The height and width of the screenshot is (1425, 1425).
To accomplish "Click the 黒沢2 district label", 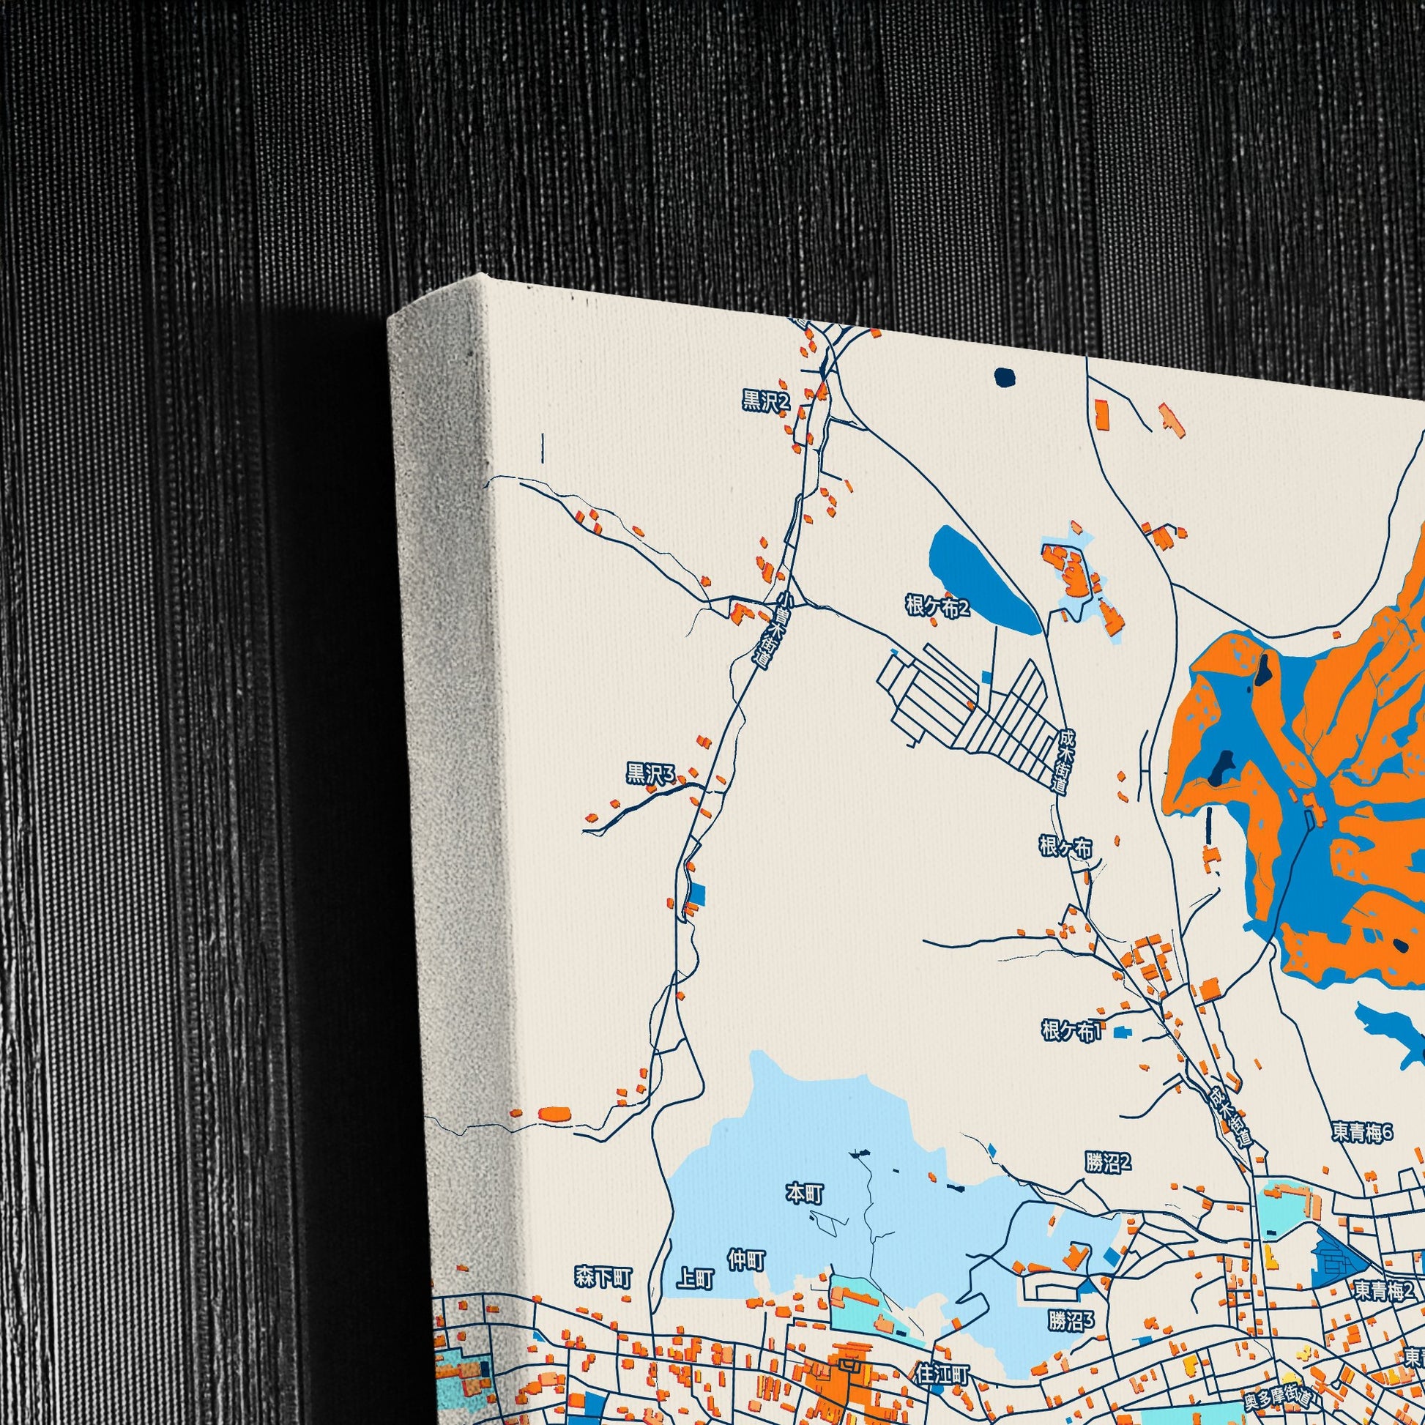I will click(x=766, y=401).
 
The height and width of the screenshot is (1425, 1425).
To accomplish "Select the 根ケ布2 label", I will click(x=937, y=607).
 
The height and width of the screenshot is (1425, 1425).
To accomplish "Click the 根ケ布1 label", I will click(x=1071, y=1030).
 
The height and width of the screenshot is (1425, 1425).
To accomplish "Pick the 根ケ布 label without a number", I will click(x=1065, y=847).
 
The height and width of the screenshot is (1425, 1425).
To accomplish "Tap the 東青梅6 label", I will click(x=1361, y=1133).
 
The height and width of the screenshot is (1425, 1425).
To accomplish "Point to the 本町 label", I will click(x=805, y=1194).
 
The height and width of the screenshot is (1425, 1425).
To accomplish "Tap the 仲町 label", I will click(x=745, y=1261).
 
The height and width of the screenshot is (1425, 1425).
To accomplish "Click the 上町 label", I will click(x=695, y=1280).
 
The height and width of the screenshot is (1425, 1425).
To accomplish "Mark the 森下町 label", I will click(x=603, y=1277).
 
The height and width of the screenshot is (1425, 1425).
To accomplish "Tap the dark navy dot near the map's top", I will click(x=1005, y=378).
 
